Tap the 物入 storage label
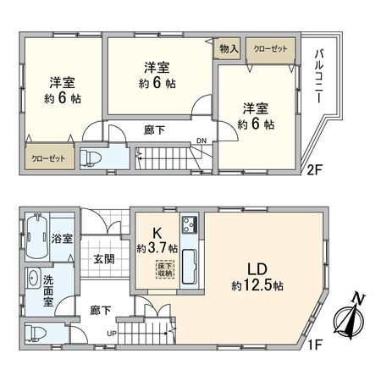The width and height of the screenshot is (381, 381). [229, 49]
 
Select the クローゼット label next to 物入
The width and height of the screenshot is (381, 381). [270, 49]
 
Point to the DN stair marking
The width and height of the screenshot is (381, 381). [201, 141]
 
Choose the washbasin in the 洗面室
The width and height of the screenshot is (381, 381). [32, 279]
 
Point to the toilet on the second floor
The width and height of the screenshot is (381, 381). [91, 157]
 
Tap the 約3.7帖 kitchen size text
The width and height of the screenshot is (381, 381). [157, 248]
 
